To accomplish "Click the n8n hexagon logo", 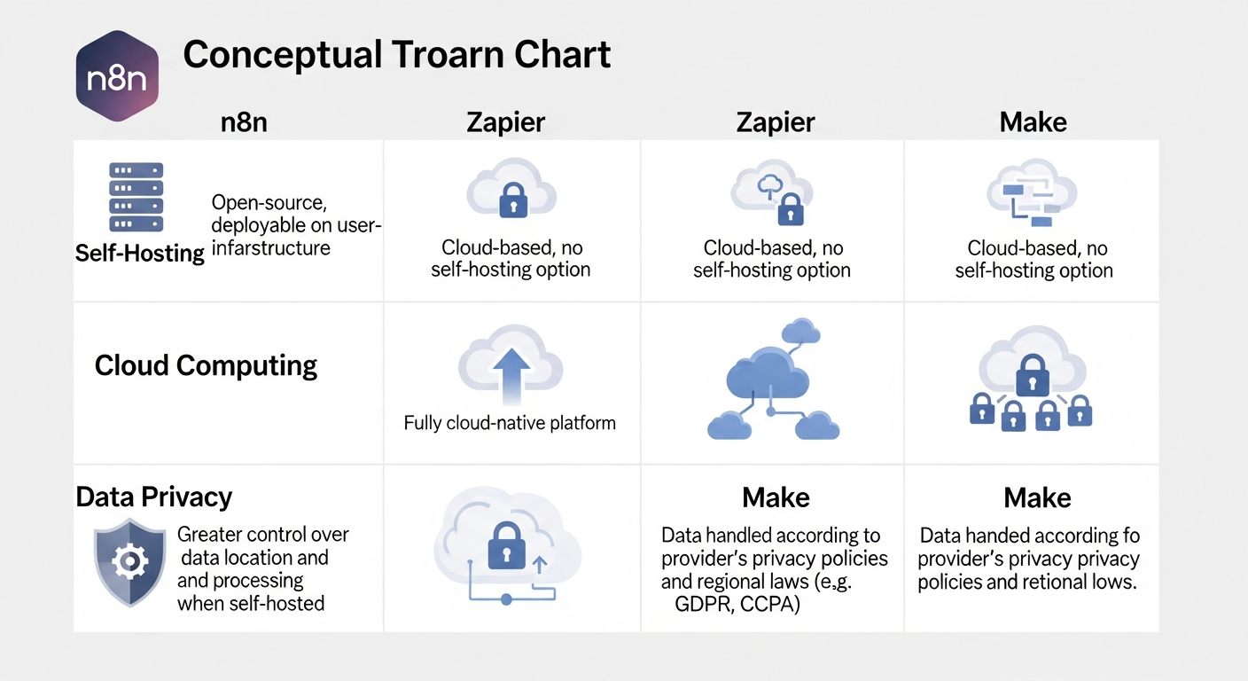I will pos(118,75).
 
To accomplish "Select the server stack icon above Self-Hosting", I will pos(136,197).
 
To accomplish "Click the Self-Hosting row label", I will pos(140,254).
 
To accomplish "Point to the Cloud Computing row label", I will pos(206,365).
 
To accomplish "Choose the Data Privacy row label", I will pos(153,497).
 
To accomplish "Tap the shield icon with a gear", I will pos(130,561).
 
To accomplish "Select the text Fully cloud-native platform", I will pos(510,423).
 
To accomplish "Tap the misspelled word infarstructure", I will pos(270,248).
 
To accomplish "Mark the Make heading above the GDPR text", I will pos(776,497).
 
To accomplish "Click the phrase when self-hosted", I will pos(251,604).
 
